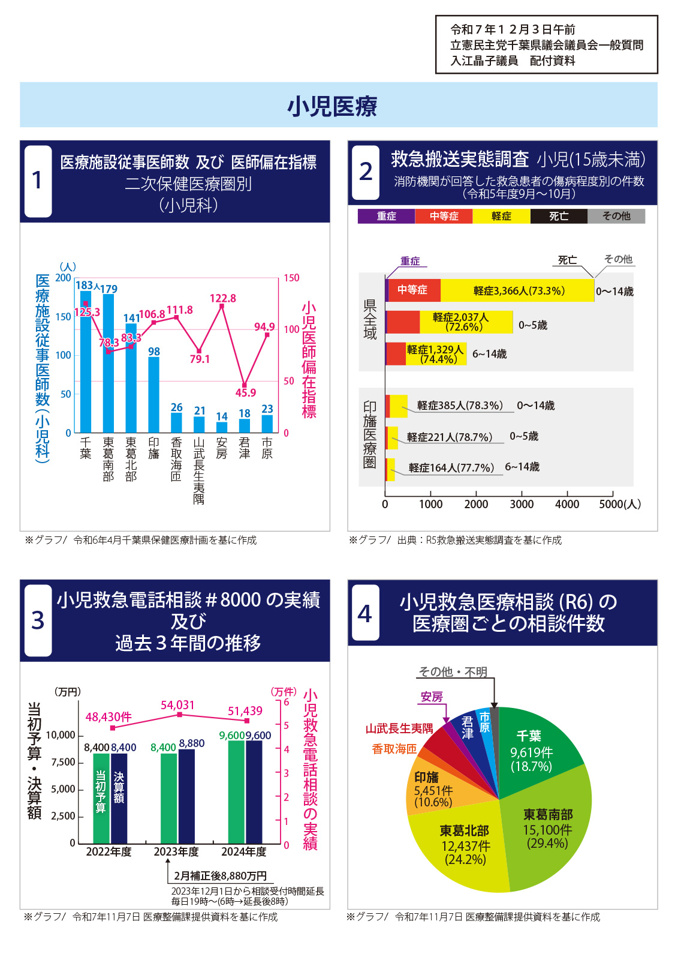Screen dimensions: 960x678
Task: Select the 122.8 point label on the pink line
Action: (x=222, y=298)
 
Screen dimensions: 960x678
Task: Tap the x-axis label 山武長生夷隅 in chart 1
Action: (x=199, y=470)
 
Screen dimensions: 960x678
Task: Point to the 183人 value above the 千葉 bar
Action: (x=88, y=286)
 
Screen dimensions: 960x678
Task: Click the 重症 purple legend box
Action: (x=386, y=216)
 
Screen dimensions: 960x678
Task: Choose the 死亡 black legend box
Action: (x=559, y=216)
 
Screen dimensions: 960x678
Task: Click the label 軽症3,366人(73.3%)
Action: (x=519, y=291)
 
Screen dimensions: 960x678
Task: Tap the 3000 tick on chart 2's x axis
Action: (x=522, y=505)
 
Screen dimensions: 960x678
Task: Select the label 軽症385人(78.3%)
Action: (x=459, y=406)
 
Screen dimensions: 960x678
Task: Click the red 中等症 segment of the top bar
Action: (x=414, y=290)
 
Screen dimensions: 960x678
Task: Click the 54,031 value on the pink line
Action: (x=177, y=705)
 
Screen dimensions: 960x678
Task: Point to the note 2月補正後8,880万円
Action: (x=220, y=876)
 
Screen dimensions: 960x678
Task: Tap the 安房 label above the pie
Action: (x=432, y=697)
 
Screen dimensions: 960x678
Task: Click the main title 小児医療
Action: (x=332, y=106)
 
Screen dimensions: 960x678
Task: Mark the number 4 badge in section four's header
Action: (x=364, y=613)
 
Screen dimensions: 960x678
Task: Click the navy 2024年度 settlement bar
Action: (x=254, y=792)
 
